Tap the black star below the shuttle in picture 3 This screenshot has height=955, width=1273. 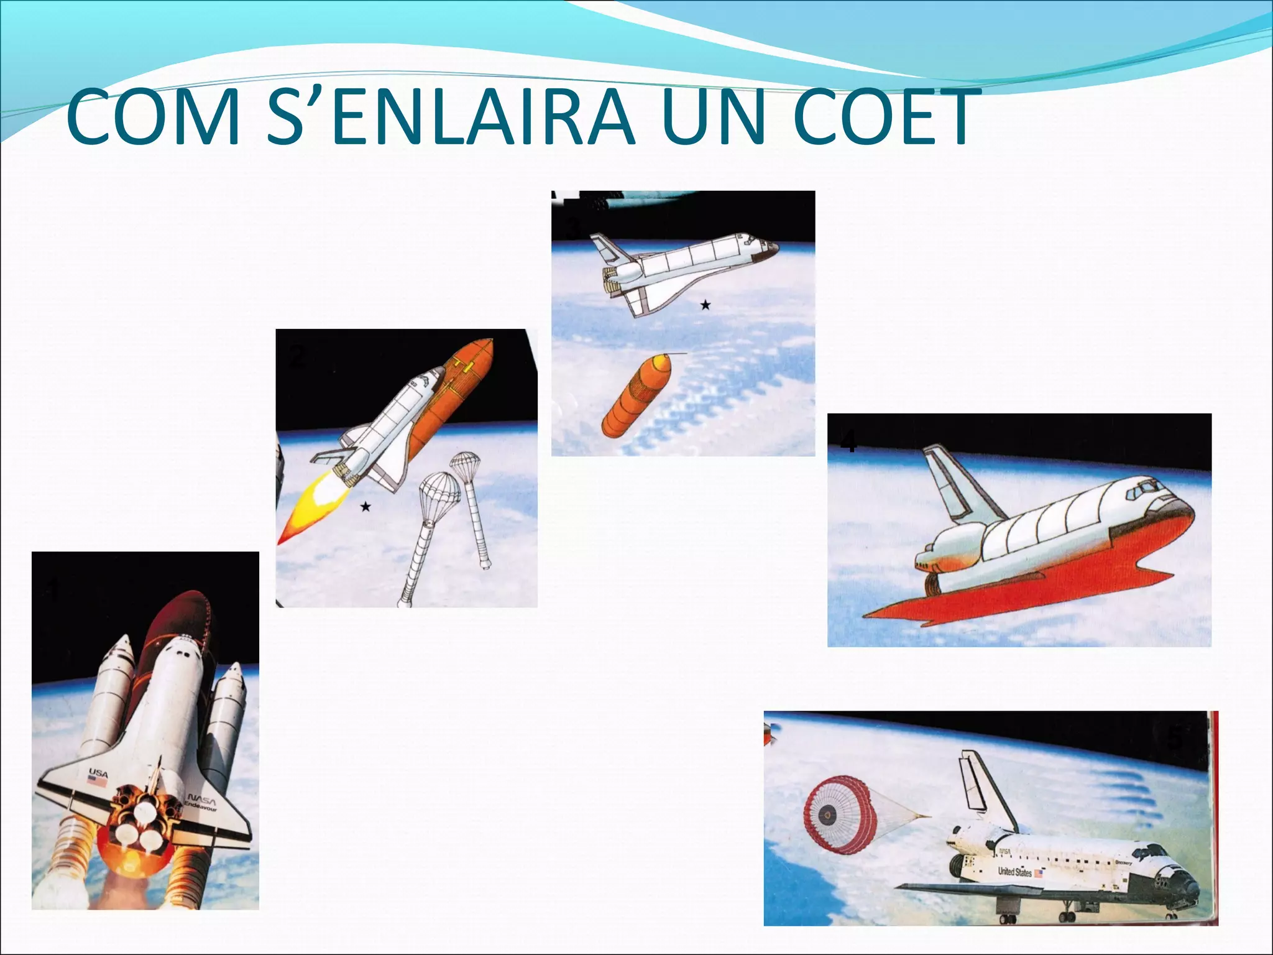point(705,305)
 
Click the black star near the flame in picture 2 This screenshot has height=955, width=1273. point(365,507)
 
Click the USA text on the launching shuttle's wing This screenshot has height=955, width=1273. point(98,773)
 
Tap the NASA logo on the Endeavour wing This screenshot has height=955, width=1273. point(201,797)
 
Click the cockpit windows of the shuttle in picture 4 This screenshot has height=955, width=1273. point(1141,491)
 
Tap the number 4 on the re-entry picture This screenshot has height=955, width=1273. point(848,443)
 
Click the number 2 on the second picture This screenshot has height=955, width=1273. point(297,358)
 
